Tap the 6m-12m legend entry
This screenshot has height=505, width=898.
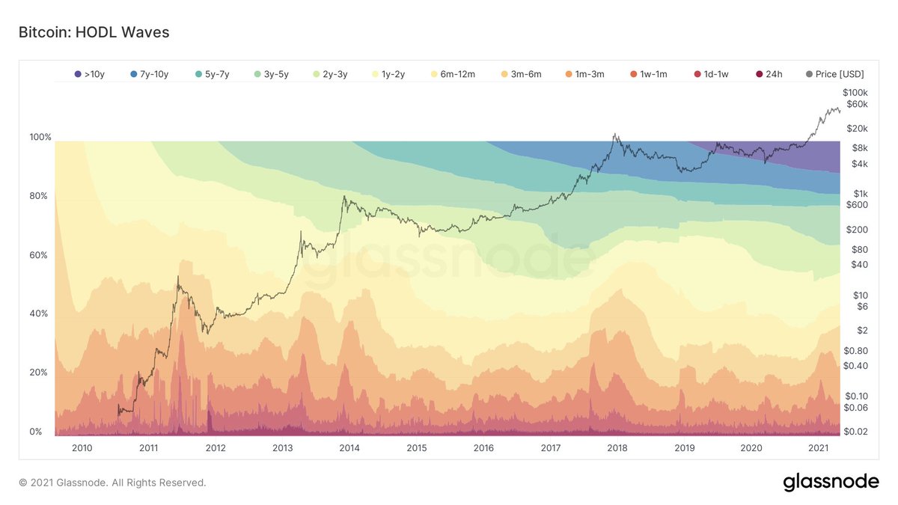click(453, 74)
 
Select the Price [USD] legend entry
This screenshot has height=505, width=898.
click(834, 74)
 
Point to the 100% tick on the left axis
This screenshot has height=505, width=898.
click(40, 138)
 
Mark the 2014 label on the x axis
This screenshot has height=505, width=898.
click(349, 447)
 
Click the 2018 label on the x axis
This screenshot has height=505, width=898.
click(617, 447)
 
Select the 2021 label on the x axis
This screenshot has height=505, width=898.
click(818, 447)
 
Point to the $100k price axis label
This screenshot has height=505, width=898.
click(855, 91)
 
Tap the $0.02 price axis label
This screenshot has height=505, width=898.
click(855, 431)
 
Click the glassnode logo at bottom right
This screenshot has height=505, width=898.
click(831, 483)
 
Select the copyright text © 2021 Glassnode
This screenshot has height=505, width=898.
click(112, 483)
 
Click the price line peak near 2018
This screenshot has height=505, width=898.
click(614, 135)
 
